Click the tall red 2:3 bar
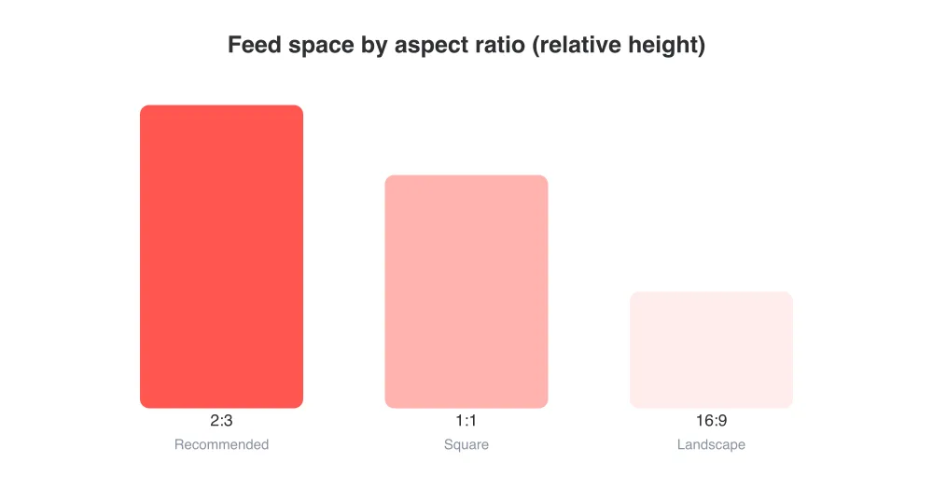click(x=221, y=257)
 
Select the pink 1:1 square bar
click(x=466, y=292)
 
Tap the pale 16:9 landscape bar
click(x=712, y=350)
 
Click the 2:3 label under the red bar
click(x=221, y=420)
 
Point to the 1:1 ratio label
click(x=466, y=420)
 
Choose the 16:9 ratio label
click(x=712, y=420)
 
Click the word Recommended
click(x=221, y=444)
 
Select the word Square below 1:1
click(x=466, y=445)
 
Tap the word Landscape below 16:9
click(x=711, y=445)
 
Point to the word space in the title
click(x=321, y=47)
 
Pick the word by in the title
click(x=374, y=47)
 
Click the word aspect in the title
click(x=430, y=47)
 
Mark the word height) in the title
click(x=662, y=46)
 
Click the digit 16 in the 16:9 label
click(x=704, y=420)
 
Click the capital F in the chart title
click(x=234, y=45)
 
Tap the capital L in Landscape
click(x=681, y=444)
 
